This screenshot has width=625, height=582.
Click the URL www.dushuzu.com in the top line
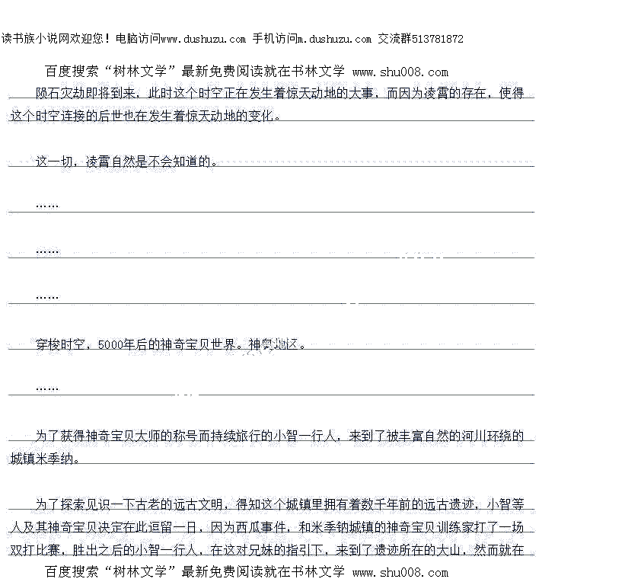pyautogui.click(x=203, y=39)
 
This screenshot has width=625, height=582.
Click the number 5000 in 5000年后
pyautogui.click(x=110, y=345)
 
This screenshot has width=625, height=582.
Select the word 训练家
pyautogui.click(x=461, y=527)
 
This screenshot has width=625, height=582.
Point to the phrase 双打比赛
pyautogui.click(x=35, y=550)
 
